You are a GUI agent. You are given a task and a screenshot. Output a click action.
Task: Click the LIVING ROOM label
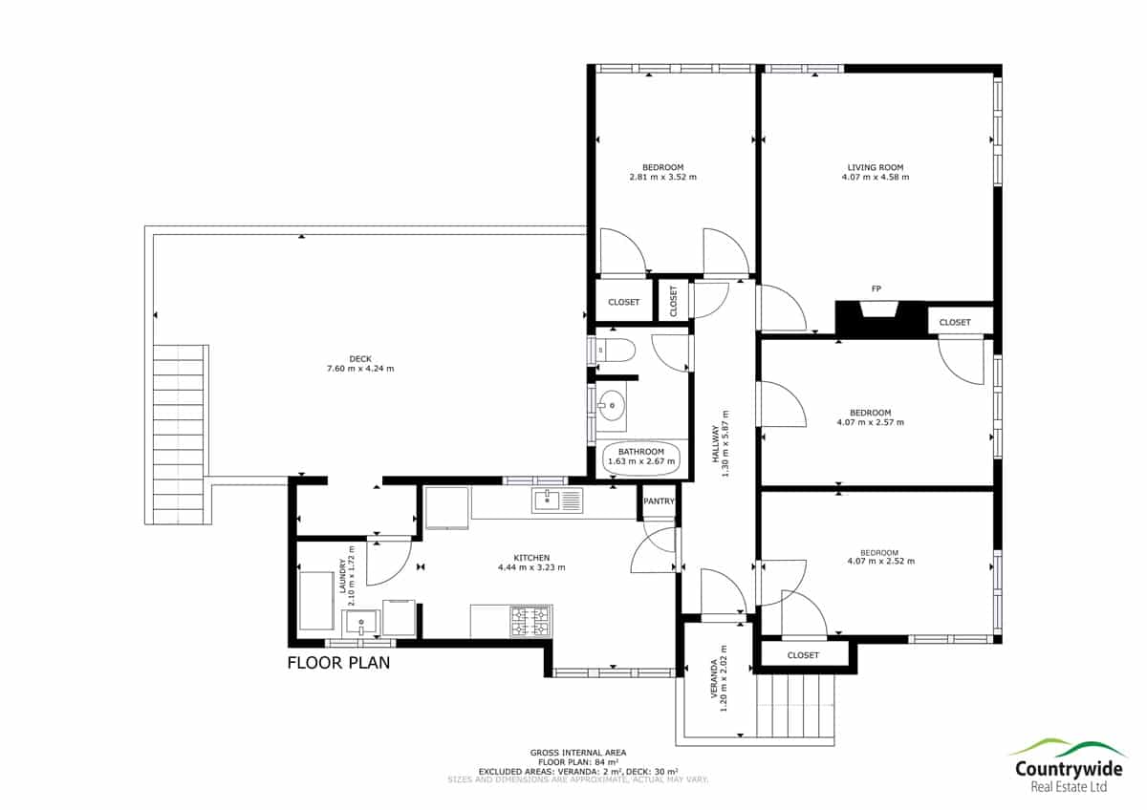pos(876,167)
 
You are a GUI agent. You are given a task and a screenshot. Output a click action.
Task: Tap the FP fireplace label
pos(876,288)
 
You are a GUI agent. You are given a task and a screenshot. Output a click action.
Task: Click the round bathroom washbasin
pos(612,405)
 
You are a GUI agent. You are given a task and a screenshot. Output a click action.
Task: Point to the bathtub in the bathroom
pos(641,457)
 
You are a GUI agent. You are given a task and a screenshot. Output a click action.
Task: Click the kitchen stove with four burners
pos(531,621)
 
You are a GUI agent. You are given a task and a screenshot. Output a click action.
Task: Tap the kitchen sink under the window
pos(557,500)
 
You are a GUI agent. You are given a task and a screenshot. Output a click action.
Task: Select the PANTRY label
pos(659,501)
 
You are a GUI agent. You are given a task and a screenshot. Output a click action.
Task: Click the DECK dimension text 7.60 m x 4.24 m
pos(360,369)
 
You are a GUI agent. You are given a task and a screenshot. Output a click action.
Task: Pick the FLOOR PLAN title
pos(338,663)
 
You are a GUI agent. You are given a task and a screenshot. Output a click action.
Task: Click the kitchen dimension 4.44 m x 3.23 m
pos(531,567)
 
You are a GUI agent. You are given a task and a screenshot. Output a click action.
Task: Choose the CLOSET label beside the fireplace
pos(955,322)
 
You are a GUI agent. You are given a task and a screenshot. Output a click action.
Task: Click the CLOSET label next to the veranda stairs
pos(803,655)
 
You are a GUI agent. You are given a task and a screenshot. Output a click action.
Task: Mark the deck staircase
pos(179,434)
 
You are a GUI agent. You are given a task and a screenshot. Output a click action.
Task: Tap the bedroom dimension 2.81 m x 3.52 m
pos(662,177)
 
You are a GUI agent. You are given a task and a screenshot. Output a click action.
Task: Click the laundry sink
pos(361,623)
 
